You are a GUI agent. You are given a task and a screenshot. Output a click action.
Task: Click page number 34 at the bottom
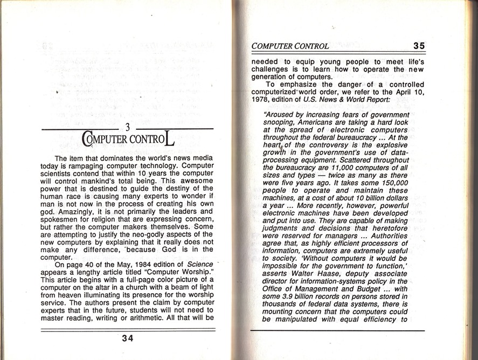(128, 338)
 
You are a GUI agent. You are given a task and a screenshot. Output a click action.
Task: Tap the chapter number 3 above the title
(128, 128)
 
